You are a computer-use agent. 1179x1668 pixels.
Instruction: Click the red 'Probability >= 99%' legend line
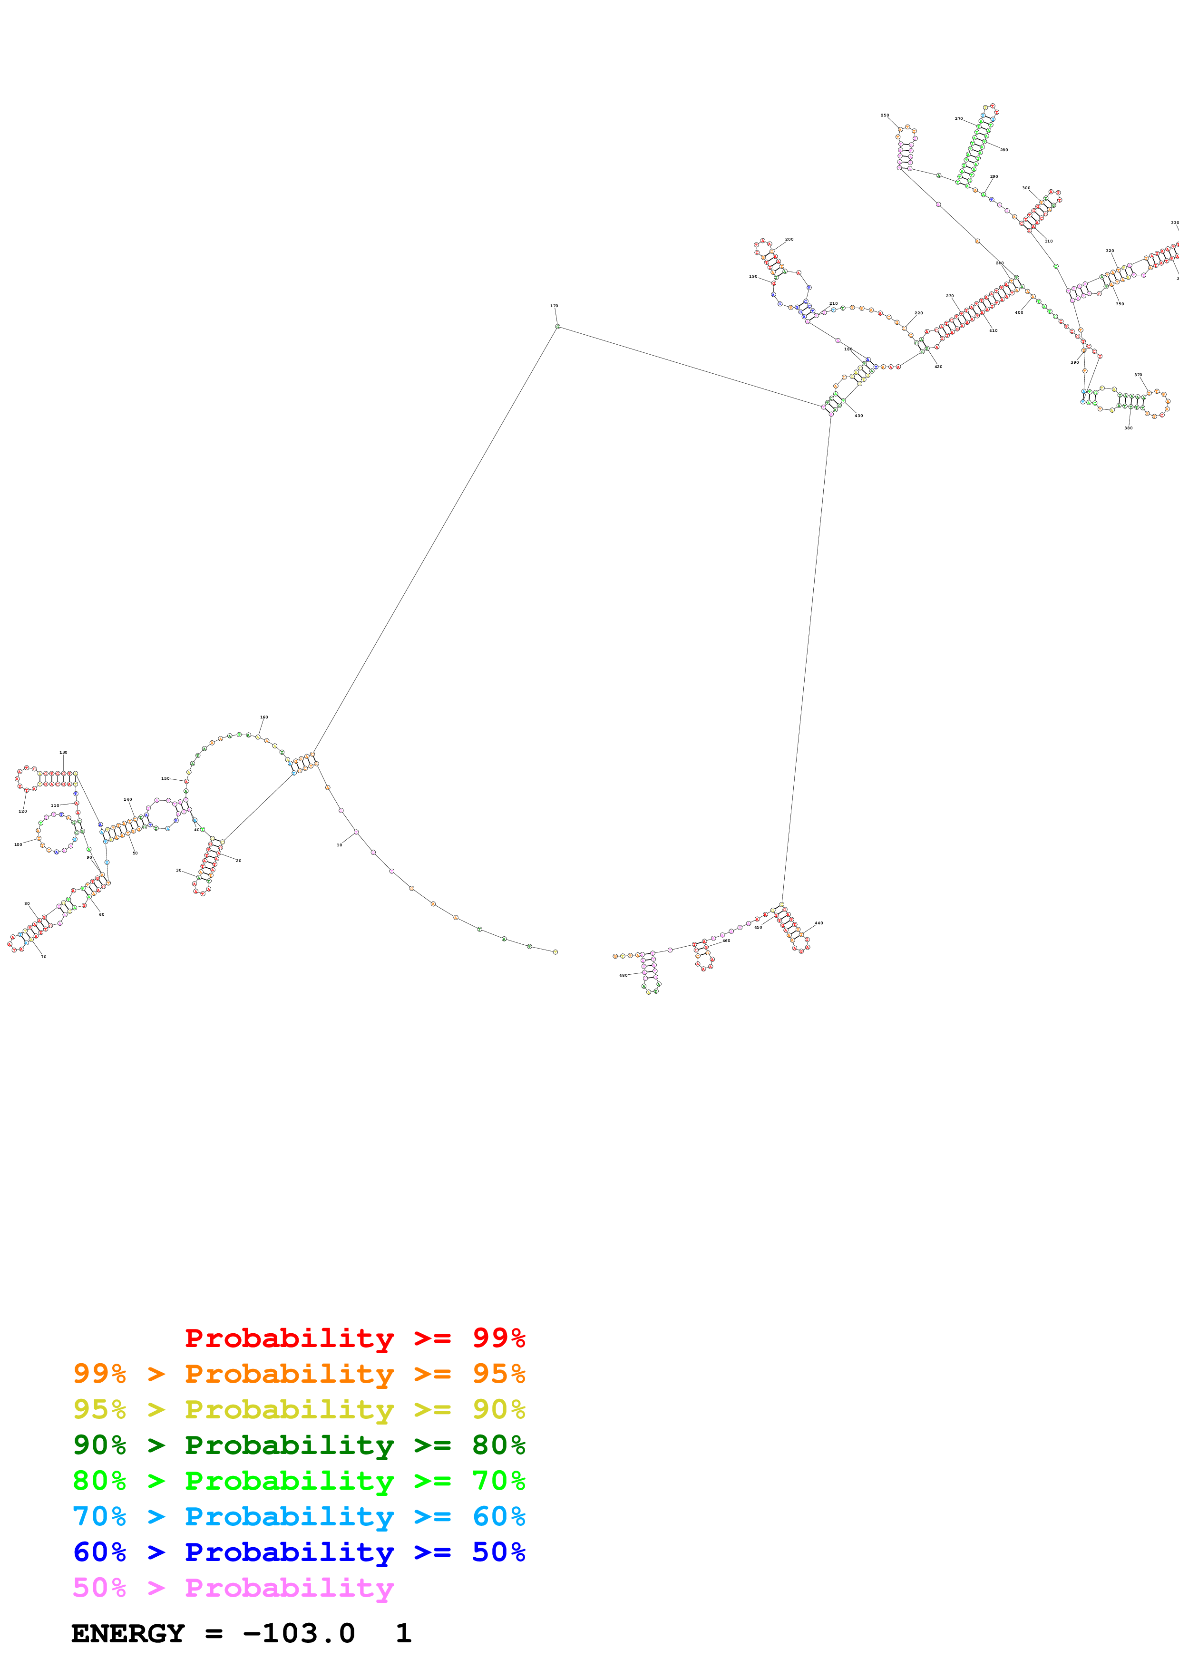[354, 1338]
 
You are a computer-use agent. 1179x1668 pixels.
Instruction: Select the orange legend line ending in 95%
[299, 1374]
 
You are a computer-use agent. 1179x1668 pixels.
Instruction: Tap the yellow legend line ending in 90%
[299, 1409]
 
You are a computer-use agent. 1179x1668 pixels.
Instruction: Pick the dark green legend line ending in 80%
[299, 1445]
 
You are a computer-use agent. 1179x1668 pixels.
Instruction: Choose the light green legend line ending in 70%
[299, 1481]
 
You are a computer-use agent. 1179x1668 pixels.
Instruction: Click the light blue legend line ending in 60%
[299, 1516]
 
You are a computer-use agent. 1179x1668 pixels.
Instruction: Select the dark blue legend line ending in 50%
[299, 1552]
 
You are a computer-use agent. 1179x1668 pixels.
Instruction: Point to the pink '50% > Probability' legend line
[233, 1587]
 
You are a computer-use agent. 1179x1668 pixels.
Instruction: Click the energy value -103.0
[299, 1634]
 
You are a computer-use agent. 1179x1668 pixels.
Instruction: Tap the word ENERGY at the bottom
[128, 1634]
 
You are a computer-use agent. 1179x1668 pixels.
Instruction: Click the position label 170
[554, 306]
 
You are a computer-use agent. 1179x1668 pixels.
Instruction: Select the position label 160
[263, 717]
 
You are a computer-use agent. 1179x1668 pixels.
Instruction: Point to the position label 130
[63, 753]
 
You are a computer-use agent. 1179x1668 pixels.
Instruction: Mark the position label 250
[885, 115]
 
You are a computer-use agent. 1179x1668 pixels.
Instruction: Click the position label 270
[959, 118]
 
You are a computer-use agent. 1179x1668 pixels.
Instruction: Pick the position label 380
[1128, 428]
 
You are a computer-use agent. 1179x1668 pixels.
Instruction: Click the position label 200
[789, 239]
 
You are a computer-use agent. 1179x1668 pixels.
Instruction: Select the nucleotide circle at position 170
[558, 327]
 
